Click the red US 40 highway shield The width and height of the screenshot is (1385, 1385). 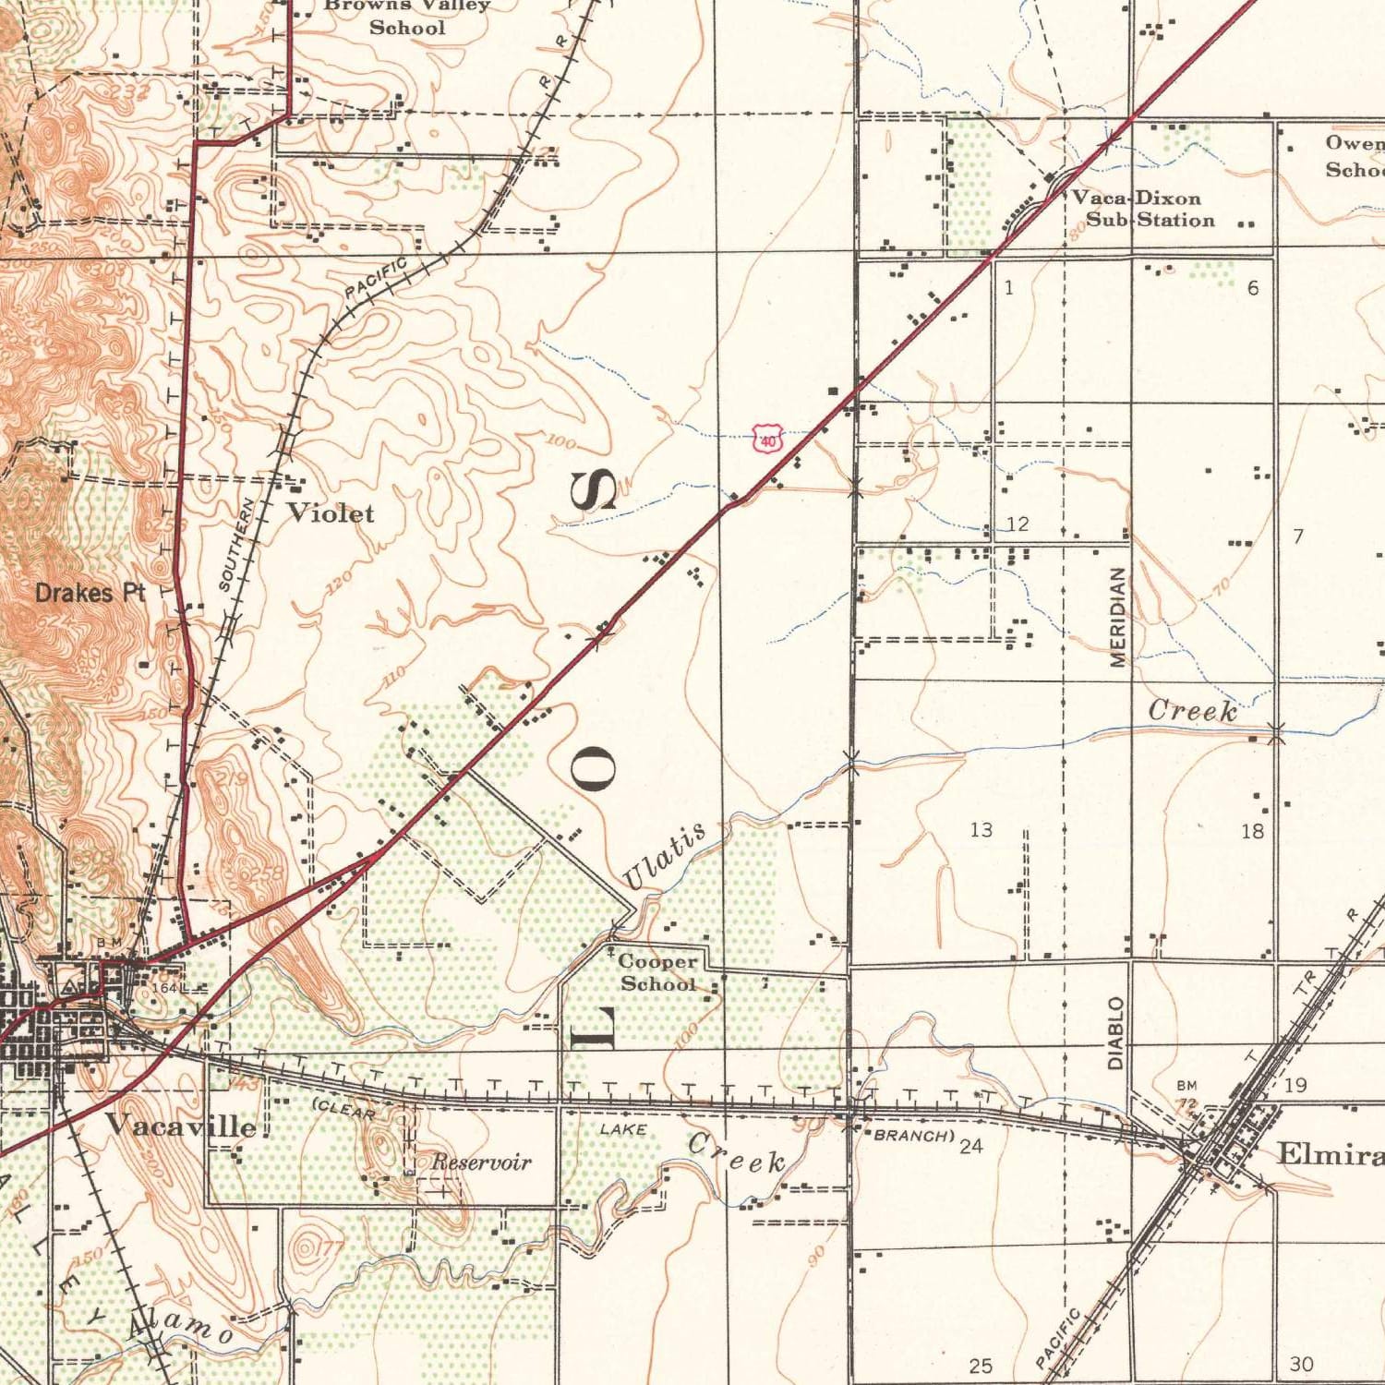tap(768, 439)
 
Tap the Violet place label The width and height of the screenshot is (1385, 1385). tap(331, 513)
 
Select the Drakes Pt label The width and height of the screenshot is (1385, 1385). tap(90, 593)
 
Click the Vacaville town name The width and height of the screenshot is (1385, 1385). tap(180, 1125)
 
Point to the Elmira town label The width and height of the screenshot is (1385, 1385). tap(1330, 1153)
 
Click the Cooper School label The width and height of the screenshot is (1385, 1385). tap(658, 973)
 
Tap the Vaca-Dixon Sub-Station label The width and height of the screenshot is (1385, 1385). tap(1143, 209)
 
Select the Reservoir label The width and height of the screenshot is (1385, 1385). tap(481, 1162)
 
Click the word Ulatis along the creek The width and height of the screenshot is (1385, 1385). tap(664, 855)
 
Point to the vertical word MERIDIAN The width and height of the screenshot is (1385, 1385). tap(1117, 617)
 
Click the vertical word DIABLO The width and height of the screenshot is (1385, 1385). tap(1115, 1032)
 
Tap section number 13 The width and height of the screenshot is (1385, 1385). tap(981, 830)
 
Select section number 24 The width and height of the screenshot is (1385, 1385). tap(970, 1146)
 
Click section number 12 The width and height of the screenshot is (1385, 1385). tap(1017, 524)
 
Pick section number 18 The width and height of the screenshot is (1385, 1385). tap(1252, 831)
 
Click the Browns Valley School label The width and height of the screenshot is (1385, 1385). tap(407, 17)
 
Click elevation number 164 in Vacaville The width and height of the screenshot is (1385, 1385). tap(163, 988)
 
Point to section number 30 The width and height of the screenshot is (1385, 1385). tap(1301, 1364)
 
